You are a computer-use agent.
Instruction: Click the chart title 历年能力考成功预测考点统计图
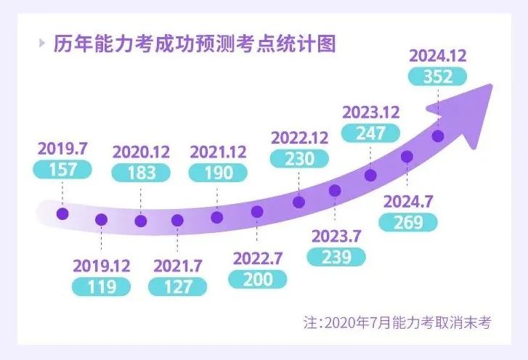[x=195, y=45]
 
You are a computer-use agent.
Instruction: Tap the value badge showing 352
[x=438, y=76]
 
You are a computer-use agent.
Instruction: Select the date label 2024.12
[x=438, y=56]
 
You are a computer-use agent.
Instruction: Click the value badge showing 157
[x=62, y=168]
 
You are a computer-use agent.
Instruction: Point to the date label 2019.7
[x=62, y=150]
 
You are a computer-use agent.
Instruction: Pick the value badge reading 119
[x=102, y=286]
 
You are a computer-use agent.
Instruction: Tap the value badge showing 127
[x=177, y=286]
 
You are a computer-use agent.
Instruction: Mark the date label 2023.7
[x=336, y=237]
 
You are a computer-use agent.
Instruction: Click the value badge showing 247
[x=370, y=133]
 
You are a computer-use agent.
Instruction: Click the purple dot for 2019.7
[x=62, y=213]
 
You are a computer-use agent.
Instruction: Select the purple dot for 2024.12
[x=437, y=136]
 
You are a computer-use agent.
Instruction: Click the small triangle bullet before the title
[x=42, y=44]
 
